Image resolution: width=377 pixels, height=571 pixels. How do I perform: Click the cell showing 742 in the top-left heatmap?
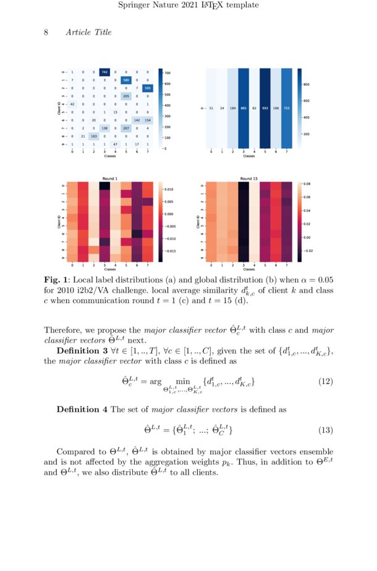point(104,72)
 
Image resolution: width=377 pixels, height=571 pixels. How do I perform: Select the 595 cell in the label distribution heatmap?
point(146,88)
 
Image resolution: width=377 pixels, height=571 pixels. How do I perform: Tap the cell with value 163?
point(94,135)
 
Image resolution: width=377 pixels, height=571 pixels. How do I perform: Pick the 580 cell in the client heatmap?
point(125,80)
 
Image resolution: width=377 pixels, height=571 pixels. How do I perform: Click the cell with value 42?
point(73,104)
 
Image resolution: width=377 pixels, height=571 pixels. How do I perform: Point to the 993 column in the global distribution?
point(266,108)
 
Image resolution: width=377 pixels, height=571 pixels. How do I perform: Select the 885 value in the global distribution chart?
point(245,108)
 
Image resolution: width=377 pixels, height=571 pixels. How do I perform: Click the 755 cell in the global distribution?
point(286,108)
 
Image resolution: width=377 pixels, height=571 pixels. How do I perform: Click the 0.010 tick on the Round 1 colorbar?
point(169,190)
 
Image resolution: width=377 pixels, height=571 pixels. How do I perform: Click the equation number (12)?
point(325,381)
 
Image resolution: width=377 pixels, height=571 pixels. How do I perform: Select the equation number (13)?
point(325,430)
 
